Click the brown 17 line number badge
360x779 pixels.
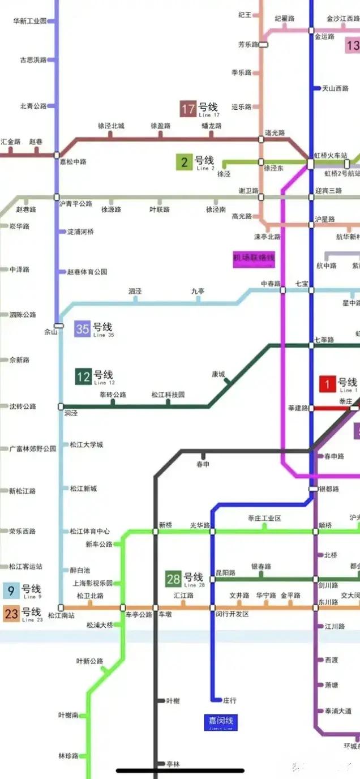188,109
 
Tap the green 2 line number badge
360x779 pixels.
184,162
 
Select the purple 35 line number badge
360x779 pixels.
83,329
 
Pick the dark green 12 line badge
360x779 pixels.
83,376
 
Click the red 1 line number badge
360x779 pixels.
328,384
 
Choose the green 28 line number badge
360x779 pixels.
173,579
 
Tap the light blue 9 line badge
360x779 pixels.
11,591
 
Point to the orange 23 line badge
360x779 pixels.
11,614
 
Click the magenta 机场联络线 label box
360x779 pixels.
254,258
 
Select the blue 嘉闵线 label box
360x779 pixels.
219,722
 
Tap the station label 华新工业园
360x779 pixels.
29,21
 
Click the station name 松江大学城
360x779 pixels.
87,444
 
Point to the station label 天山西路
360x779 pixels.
335,88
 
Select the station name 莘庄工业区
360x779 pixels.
264,519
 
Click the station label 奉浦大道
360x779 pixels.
338,710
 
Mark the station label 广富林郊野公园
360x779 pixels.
33,448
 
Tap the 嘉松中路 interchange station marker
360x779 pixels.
57,155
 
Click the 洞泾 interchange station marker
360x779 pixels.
61,406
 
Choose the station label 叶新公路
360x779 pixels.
89,661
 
